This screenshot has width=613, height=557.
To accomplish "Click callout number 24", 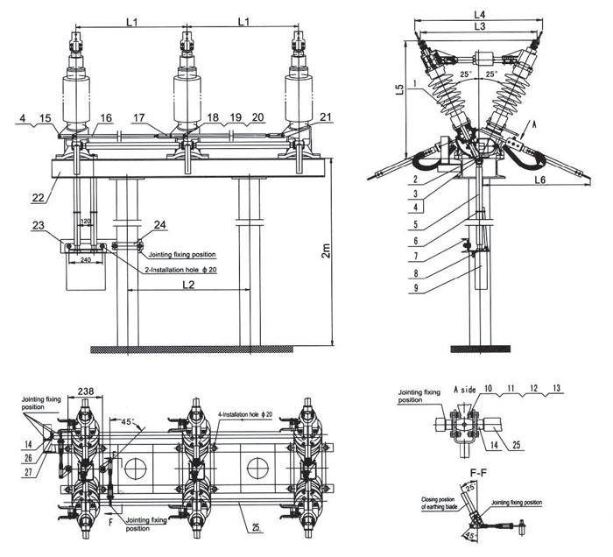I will pos(159,226).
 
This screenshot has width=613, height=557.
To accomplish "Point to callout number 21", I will pos(301,117).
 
